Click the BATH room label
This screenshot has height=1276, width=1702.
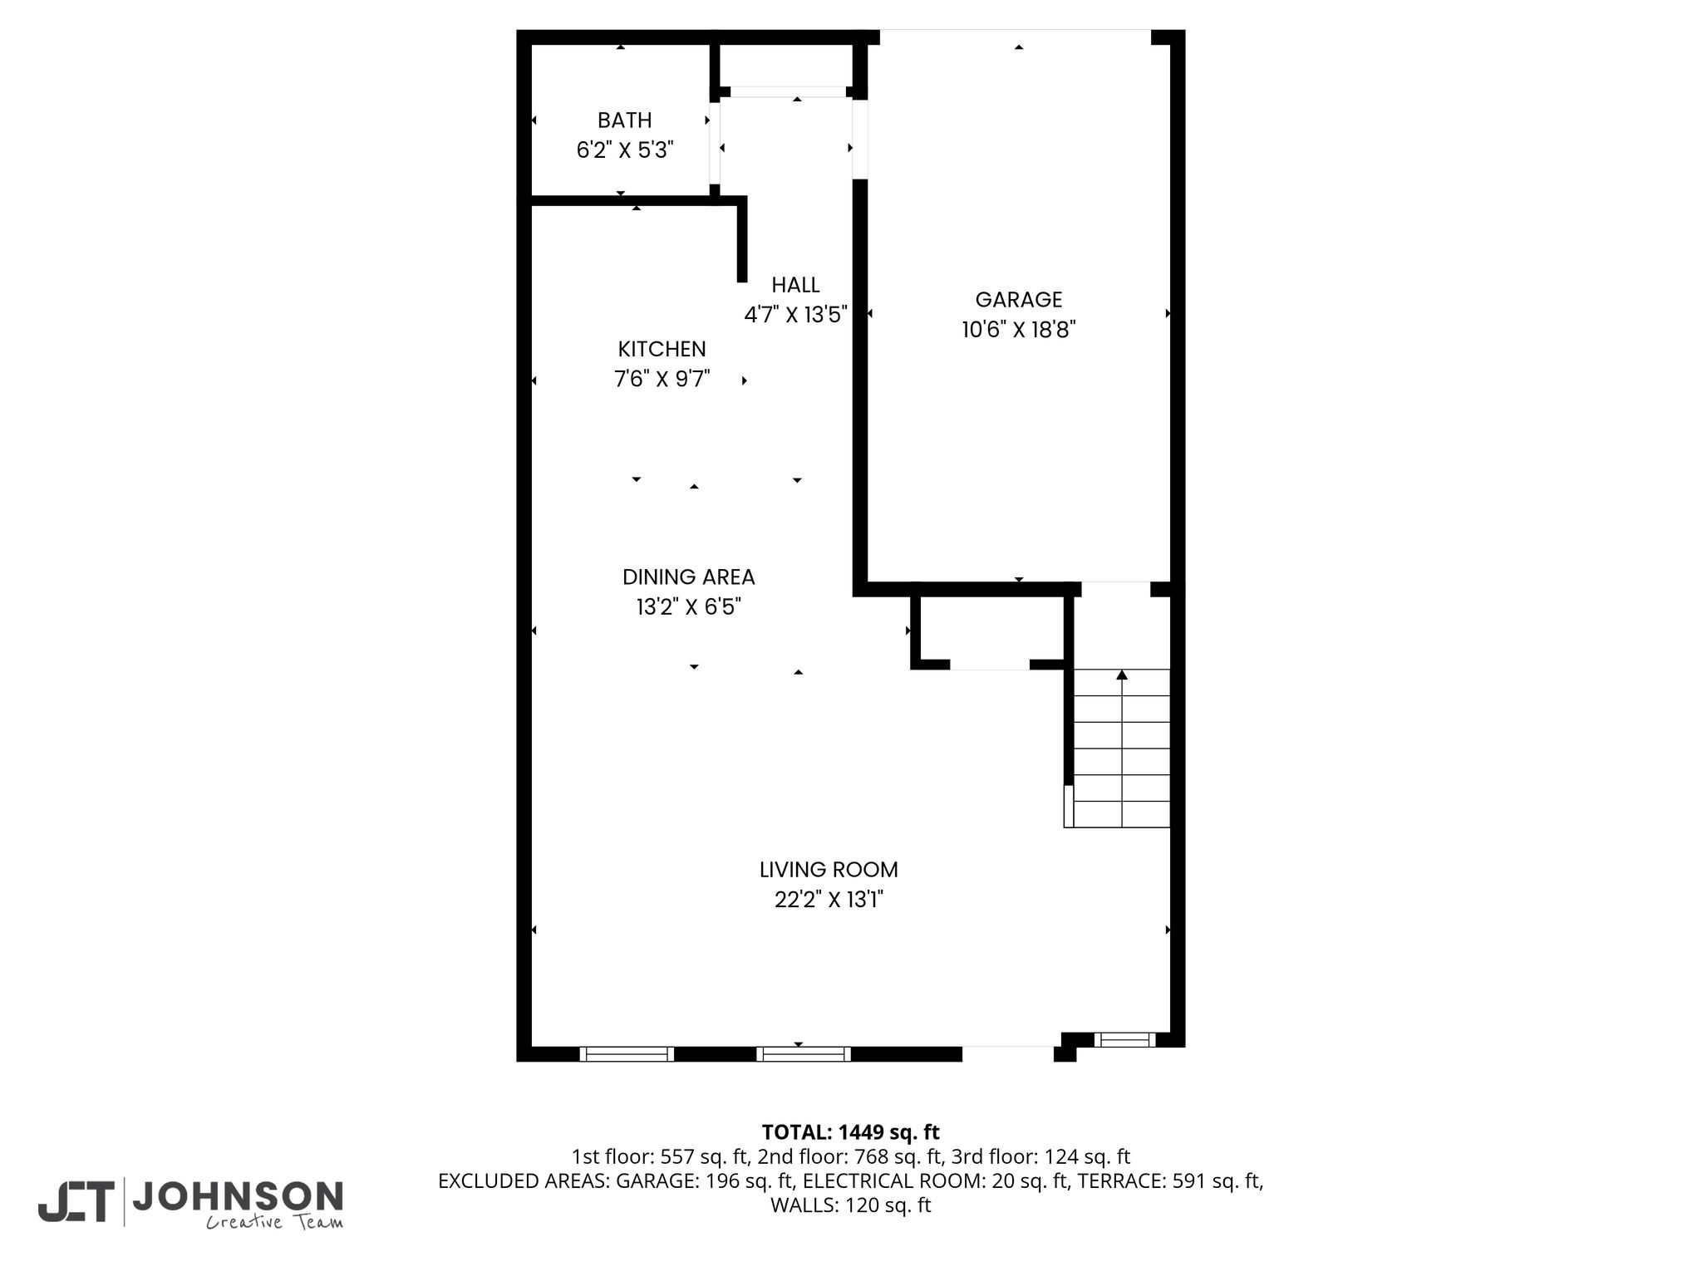(624, 120)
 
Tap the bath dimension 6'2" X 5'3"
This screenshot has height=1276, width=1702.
(625, 150)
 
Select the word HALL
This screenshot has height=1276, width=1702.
(795, 285)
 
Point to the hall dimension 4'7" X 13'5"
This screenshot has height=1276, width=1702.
(795, 315)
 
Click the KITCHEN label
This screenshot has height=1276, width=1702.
(662, 349)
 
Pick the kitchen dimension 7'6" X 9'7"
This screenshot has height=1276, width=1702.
(662, 380)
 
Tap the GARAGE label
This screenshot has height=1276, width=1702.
(1019, 299)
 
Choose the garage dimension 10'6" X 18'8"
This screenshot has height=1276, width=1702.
(1019, 330)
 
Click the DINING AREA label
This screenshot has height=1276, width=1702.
(688, 577)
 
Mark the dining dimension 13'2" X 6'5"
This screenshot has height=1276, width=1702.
(688, 607)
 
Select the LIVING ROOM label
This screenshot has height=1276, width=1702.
(829, 870)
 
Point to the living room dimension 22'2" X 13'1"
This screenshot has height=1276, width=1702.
(829, 900)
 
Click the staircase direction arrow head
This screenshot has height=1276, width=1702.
(1122, 675)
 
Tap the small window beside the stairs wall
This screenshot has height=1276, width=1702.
(1124, 1039)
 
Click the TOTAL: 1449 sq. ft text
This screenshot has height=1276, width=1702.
(850, 1132)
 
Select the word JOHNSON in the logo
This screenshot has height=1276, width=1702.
(238, 1197)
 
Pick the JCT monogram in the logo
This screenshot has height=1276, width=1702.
(76, 1202)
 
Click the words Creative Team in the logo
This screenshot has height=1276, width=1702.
(274, 1222)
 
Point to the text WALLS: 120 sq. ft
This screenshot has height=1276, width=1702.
(850, 1205)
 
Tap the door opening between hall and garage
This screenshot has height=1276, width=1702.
(860, 140)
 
